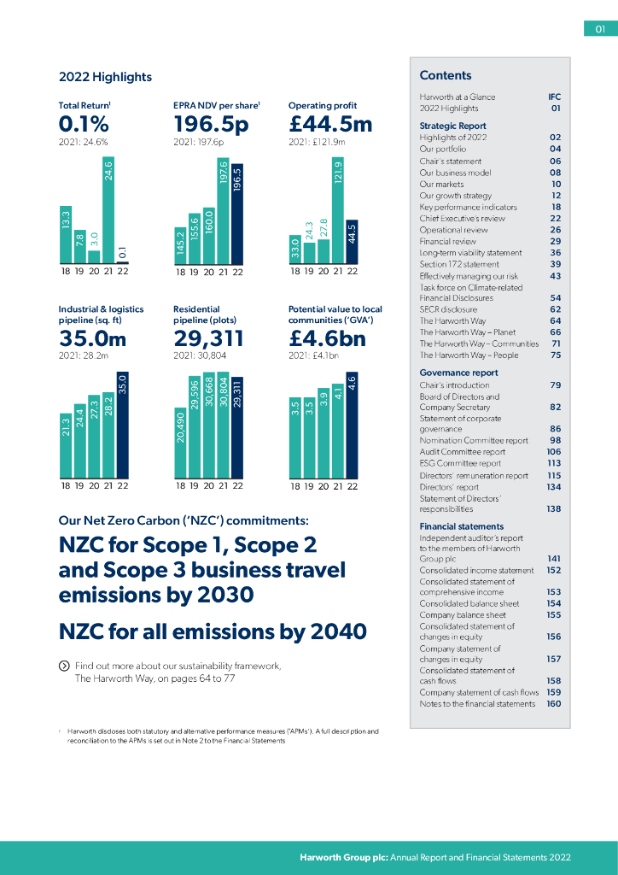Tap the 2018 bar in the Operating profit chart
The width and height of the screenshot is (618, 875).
295,249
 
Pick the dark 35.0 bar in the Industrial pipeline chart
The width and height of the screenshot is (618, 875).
123,424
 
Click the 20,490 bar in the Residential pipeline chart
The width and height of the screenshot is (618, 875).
180,442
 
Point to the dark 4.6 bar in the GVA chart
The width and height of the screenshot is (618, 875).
352,424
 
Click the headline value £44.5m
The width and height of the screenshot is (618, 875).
330,124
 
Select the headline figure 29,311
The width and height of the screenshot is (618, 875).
207,339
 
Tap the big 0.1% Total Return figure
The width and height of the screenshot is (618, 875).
84,124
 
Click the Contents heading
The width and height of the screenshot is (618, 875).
446,75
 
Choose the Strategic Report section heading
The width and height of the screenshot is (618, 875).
452,126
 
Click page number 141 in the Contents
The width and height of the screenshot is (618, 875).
553,559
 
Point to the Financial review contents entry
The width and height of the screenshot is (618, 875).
448,242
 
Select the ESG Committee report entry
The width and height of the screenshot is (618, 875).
460,464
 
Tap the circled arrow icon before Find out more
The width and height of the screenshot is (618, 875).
64,666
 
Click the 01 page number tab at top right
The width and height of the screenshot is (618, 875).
600,30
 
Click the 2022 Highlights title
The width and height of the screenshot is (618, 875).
105,77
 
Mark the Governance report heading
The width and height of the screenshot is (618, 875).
458,373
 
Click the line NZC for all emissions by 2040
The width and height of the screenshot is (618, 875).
213,631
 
